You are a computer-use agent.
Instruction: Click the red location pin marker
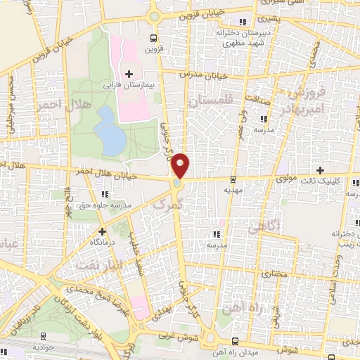181,167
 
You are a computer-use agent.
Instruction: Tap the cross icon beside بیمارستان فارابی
128,73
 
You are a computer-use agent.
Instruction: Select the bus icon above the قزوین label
154,39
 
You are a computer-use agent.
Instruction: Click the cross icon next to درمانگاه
103,231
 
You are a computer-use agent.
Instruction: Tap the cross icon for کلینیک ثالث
321,170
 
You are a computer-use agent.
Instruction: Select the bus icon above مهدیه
233,179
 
